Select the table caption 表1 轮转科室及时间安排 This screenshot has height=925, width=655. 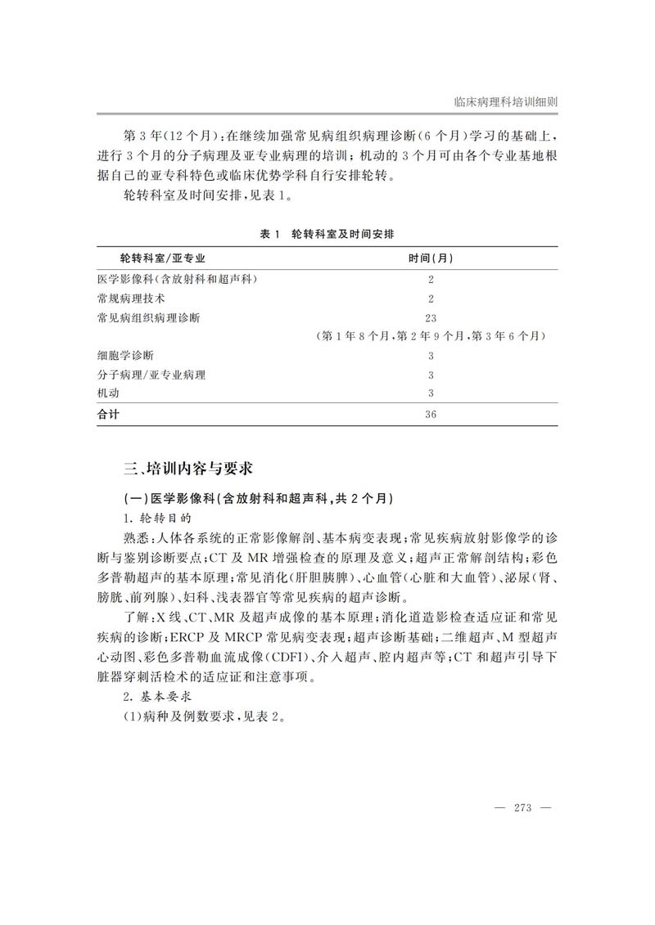[x=327, y=234]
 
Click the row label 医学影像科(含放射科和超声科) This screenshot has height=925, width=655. [x=177, y=279]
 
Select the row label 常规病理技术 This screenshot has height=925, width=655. [x=130, y=299]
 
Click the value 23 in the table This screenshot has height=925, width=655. [x=431, y=317]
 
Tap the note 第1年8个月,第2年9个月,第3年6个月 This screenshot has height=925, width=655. [x=431, y=336]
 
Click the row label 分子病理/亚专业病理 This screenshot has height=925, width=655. [x=151, y=375]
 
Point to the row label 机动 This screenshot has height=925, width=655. [x=107, y=394]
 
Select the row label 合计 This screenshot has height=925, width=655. [x=108, y=415]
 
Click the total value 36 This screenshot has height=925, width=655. [x=431, y=415]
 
